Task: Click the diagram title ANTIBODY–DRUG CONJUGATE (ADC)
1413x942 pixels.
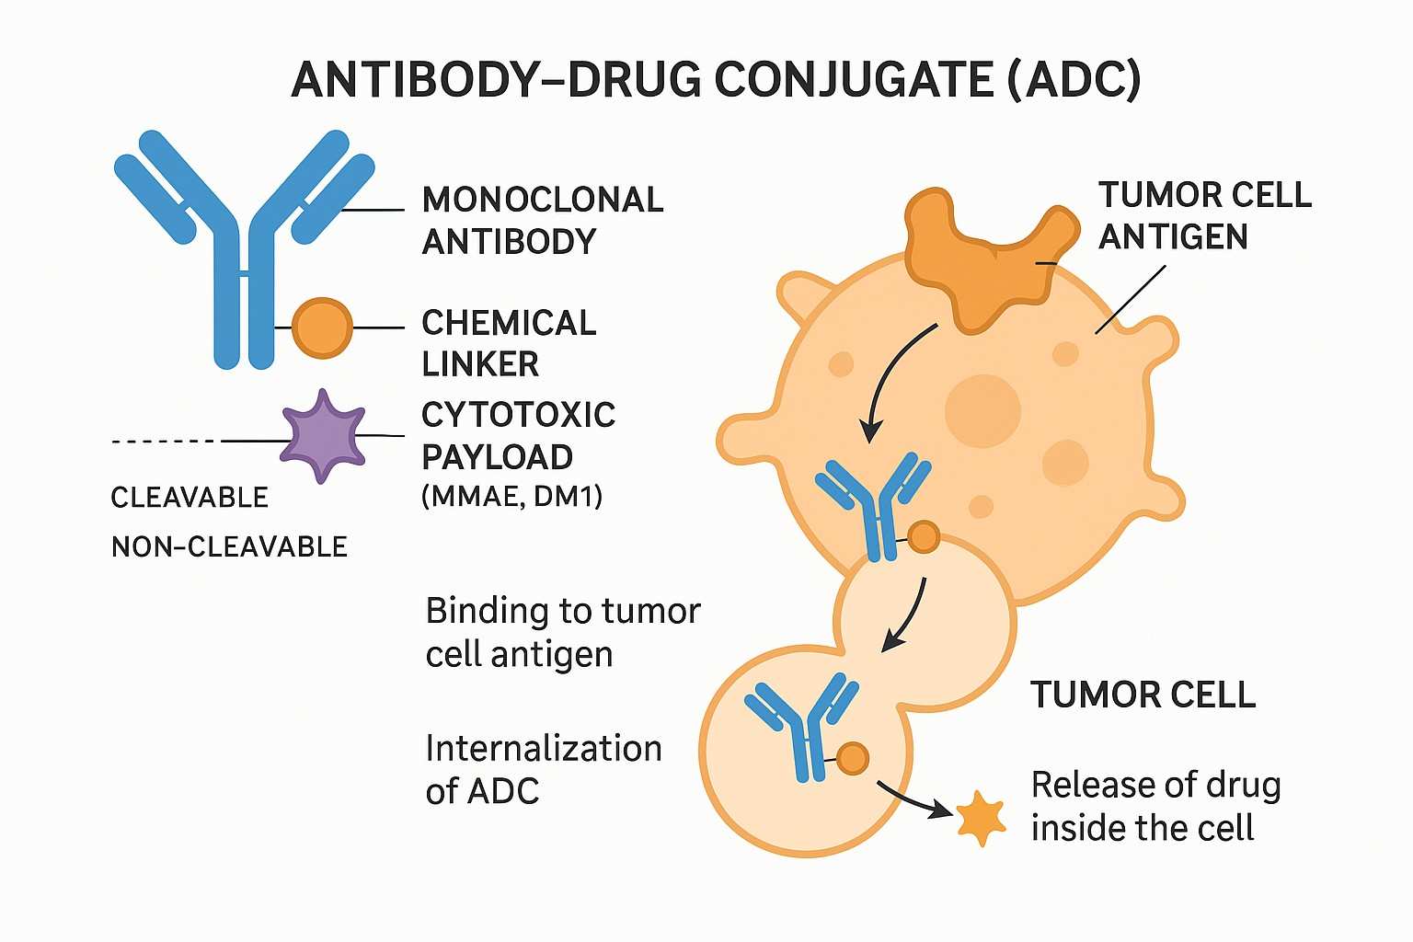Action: tap(716, 80)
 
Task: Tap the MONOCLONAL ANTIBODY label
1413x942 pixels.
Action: tap(542, 220)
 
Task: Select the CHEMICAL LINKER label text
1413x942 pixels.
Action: tap(509, 343)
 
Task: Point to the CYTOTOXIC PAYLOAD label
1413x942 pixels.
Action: tap(518, 435)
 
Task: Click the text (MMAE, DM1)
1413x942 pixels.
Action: tap(511, 497)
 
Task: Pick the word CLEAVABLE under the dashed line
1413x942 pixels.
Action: tap(189, 498)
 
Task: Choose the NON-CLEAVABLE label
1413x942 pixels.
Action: tap(229, 546)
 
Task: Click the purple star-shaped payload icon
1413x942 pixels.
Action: tap(322, 436)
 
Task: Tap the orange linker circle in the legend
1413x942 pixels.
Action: tap(322, 327)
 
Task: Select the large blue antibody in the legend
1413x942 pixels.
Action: tap(244, 248)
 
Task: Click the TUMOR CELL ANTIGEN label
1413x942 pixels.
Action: tap(1204, 215)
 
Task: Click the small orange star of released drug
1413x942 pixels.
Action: tap(981, 818)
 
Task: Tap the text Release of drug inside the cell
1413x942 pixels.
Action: tap(1155, 806)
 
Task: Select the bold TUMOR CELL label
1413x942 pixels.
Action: tap(1143, 695)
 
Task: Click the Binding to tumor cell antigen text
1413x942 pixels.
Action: tap(563, 632)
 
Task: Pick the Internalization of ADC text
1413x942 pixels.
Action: tap(543, 769)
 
